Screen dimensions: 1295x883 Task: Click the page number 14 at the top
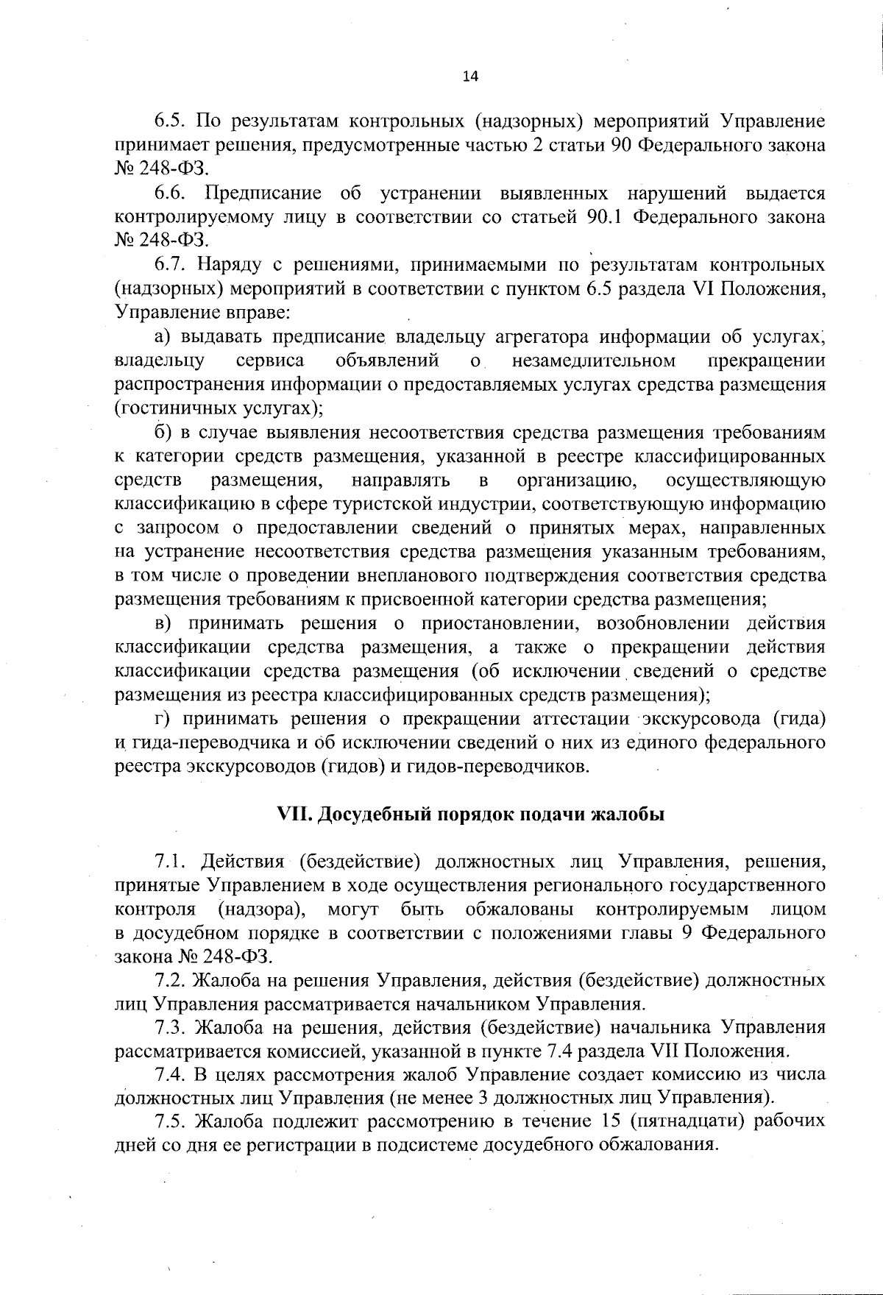[471, 76]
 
